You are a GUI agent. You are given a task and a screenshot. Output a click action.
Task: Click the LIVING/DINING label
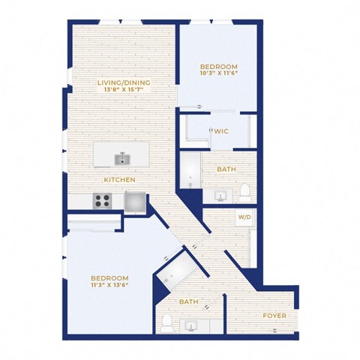click(124, 82)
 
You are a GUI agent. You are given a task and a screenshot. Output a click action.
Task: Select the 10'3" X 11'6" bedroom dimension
click(219, 73)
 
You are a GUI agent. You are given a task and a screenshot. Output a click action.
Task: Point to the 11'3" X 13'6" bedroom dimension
click(109, 285)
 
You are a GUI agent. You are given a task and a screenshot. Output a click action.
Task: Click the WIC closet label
click(221, 131)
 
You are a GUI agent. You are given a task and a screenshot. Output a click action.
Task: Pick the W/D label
click(244, 217)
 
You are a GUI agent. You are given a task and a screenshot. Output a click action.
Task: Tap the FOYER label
click(274, 316)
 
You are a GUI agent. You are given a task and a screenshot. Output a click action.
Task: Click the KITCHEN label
click(119, 180)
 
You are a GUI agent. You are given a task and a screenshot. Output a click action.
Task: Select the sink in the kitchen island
click(122, 159)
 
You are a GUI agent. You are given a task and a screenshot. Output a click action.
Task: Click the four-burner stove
click(102, 201)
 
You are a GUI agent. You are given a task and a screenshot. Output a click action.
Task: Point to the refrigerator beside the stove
click(135, 202)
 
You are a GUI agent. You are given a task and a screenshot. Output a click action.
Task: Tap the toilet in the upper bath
click(245, 193)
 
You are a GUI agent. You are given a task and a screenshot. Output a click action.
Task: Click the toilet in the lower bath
click(166, 323)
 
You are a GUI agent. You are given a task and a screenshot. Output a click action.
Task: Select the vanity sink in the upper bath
click(220, 196)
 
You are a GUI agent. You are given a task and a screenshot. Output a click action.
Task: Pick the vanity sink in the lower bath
click(191, 326)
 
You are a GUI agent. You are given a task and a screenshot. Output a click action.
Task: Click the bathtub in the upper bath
click(190, 170)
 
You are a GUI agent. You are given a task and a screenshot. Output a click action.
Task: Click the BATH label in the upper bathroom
click(226, 169)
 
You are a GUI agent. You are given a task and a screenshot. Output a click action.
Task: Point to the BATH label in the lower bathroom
click(189, 301)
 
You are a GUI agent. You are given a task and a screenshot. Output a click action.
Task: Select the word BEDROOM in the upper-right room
click(219, 67)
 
